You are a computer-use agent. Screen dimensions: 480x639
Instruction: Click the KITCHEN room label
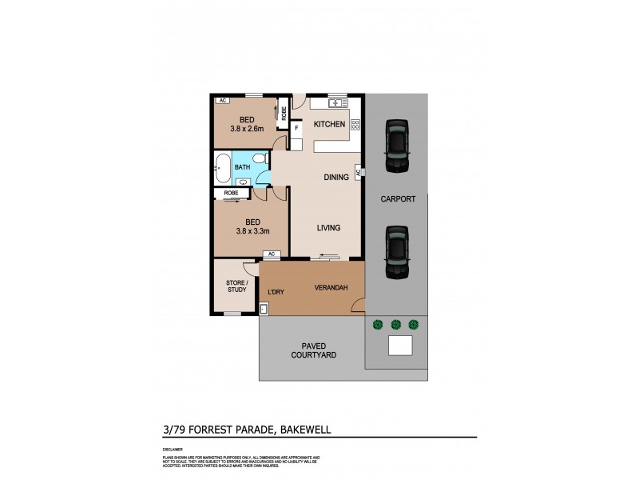pos(329,125)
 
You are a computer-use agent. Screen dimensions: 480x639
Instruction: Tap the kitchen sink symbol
pos(336,103)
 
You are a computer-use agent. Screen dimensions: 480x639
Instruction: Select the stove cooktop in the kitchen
pos(355,124)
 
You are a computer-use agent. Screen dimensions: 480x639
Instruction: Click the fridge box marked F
pos(296,127)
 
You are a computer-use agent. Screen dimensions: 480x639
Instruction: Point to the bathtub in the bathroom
pos(223,167)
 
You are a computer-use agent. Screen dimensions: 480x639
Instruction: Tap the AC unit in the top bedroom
pos(223,101)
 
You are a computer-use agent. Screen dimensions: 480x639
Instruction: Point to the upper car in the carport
pos(395,146)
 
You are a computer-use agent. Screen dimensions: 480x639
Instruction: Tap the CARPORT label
pos(397,200)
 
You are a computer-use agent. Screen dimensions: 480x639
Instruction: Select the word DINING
pos(335,178)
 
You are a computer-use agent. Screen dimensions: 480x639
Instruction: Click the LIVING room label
pos(328,228)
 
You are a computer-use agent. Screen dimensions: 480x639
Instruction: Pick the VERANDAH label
pos(331,287)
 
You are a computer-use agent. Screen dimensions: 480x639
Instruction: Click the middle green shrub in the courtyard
pos(395,324)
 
